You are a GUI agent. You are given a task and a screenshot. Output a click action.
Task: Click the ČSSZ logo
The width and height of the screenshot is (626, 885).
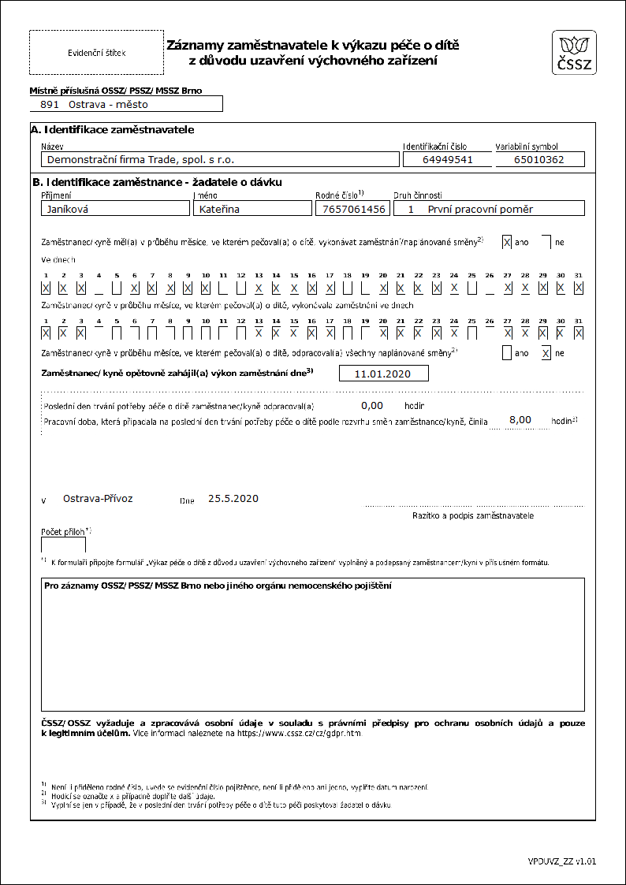[575, 54]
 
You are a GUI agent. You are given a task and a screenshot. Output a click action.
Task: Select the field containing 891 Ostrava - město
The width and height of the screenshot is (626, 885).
[126, 104]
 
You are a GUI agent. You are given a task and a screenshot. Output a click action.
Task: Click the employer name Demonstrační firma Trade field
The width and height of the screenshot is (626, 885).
[220, 159]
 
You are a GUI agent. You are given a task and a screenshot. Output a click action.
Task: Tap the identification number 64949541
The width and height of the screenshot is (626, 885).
[448, 159]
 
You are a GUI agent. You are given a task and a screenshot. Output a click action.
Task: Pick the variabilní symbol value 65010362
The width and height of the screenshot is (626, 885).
[540, 159]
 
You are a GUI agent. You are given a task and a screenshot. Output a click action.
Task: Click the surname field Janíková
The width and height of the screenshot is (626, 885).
[115, 209]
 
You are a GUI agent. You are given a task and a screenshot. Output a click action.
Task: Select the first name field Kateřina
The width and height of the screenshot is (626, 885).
[252, 209]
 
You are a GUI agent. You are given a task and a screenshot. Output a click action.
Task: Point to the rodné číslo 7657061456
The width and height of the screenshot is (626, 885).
[352, 209]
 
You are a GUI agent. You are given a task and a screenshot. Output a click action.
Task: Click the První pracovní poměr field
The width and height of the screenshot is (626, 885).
[490, 209]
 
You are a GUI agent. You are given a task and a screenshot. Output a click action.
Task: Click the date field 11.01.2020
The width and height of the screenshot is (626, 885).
[383, 374]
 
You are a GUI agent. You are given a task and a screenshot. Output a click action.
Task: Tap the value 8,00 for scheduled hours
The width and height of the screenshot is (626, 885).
[520, 420]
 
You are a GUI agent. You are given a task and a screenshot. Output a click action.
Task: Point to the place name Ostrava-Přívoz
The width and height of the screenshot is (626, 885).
[98, 499]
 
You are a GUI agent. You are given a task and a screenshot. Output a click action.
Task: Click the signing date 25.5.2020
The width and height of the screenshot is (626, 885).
[233, 499]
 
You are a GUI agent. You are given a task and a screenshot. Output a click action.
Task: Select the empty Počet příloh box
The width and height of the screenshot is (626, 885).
[63, 545]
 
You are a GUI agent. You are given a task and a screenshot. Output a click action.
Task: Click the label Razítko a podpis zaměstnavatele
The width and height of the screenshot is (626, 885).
[473, 515]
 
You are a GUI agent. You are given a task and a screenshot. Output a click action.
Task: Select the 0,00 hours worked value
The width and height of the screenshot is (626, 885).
[371, 406]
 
